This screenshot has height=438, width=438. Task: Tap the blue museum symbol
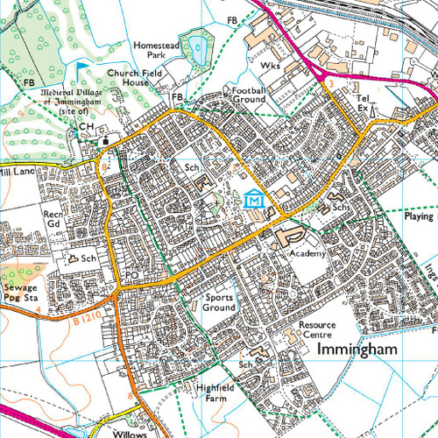[254, 199]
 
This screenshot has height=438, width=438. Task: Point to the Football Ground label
[247, 95]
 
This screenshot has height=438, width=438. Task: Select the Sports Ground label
[219, 303]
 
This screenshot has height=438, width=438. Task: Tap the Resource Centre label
[317, 329]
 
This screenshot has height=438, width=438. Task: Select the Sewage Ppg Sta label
[20, 292]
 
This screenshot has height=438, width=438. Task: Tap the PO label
[133, 275]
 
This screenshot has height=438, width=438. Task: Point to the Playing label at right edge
[421, 215]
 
